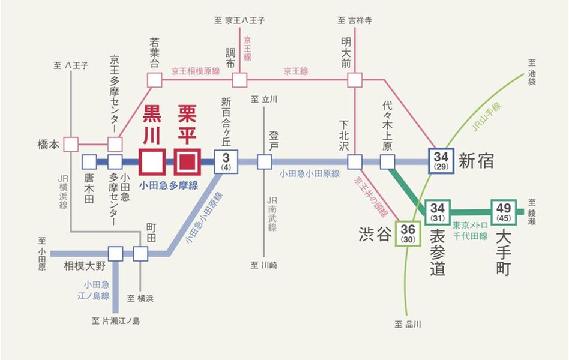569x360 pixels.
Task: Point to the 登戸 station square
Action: click(264, 161)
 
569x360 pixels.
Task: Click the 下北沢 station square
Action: click(355, 161)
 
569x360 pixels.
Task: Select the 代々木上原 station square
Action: click(388, 161)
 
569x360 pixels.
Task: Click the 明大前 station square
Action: click(355, 79)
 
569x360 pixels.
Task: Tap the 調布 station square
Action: click(240, 79)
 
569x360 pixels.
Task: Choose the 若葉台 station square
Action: click(155, 79)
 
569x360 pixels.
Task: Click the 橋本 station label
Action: click(49, 145)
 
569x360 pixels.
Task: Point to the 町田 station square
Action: click(140, 254)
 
